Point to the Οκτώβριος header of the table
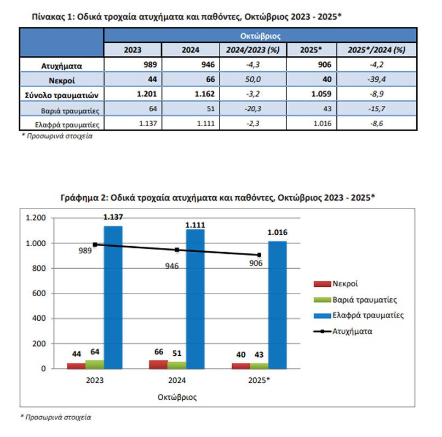(261, 36)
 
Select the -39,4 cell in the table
(376, 80)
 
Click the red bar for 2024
(158, 365)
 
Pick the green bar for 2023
(94, 365)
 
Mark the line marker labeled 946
(176, 250)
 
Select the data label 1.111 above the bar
(195, 224)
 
